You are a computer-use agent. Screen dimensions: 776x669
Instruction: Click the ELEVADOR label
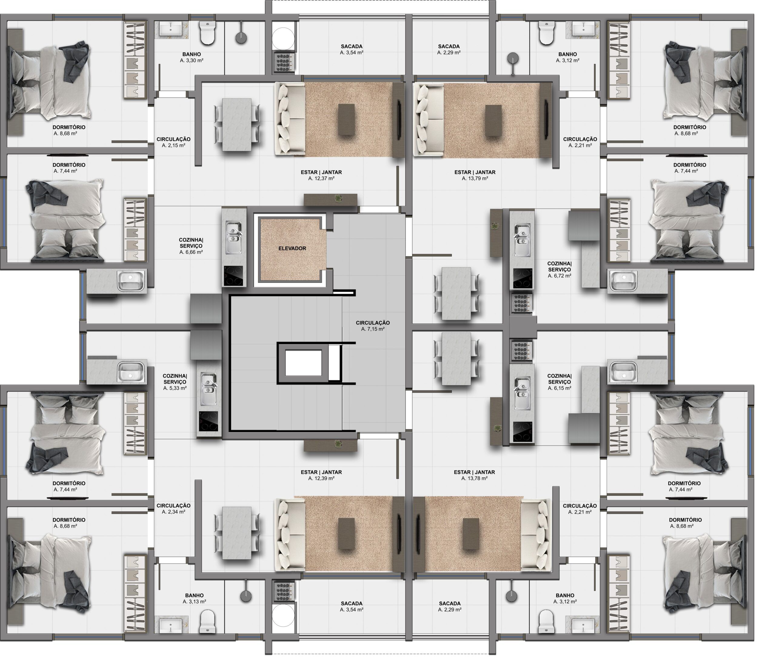coord(292,248)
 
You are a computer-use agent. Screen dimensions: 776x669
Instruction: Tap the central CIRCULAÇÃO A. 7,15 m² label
coord(373,326)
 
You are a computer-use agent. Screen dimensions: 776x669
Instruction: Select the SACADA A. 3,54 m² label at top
coord(352,49)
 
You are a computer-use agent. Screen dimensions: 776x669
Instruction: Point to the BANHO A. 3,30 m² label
coord(191,57)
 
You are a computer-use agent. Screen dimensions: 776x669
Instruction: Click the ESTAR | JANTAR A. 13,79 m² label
coord(475,175)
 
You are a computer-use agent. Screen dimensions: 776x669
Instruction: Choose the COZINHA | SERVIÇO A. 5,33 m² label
coord(175,382)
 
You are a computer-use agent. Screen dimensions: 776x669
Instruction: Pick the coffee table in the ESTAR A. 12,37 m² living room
coord(346,120)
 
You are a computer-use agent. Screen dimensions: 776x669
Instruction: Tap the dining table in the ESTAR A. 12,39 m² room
coord(237,533)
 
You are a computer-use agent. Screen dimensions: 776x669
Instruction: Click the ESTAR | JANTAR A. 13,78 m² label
coord(474,475)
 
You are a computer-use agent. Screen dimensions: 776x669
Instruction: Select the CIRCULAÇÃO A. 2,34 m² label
coord(173,509)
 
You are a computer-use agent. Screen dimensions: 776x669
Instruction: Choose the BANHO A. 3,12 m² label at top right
coord(568,57)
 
